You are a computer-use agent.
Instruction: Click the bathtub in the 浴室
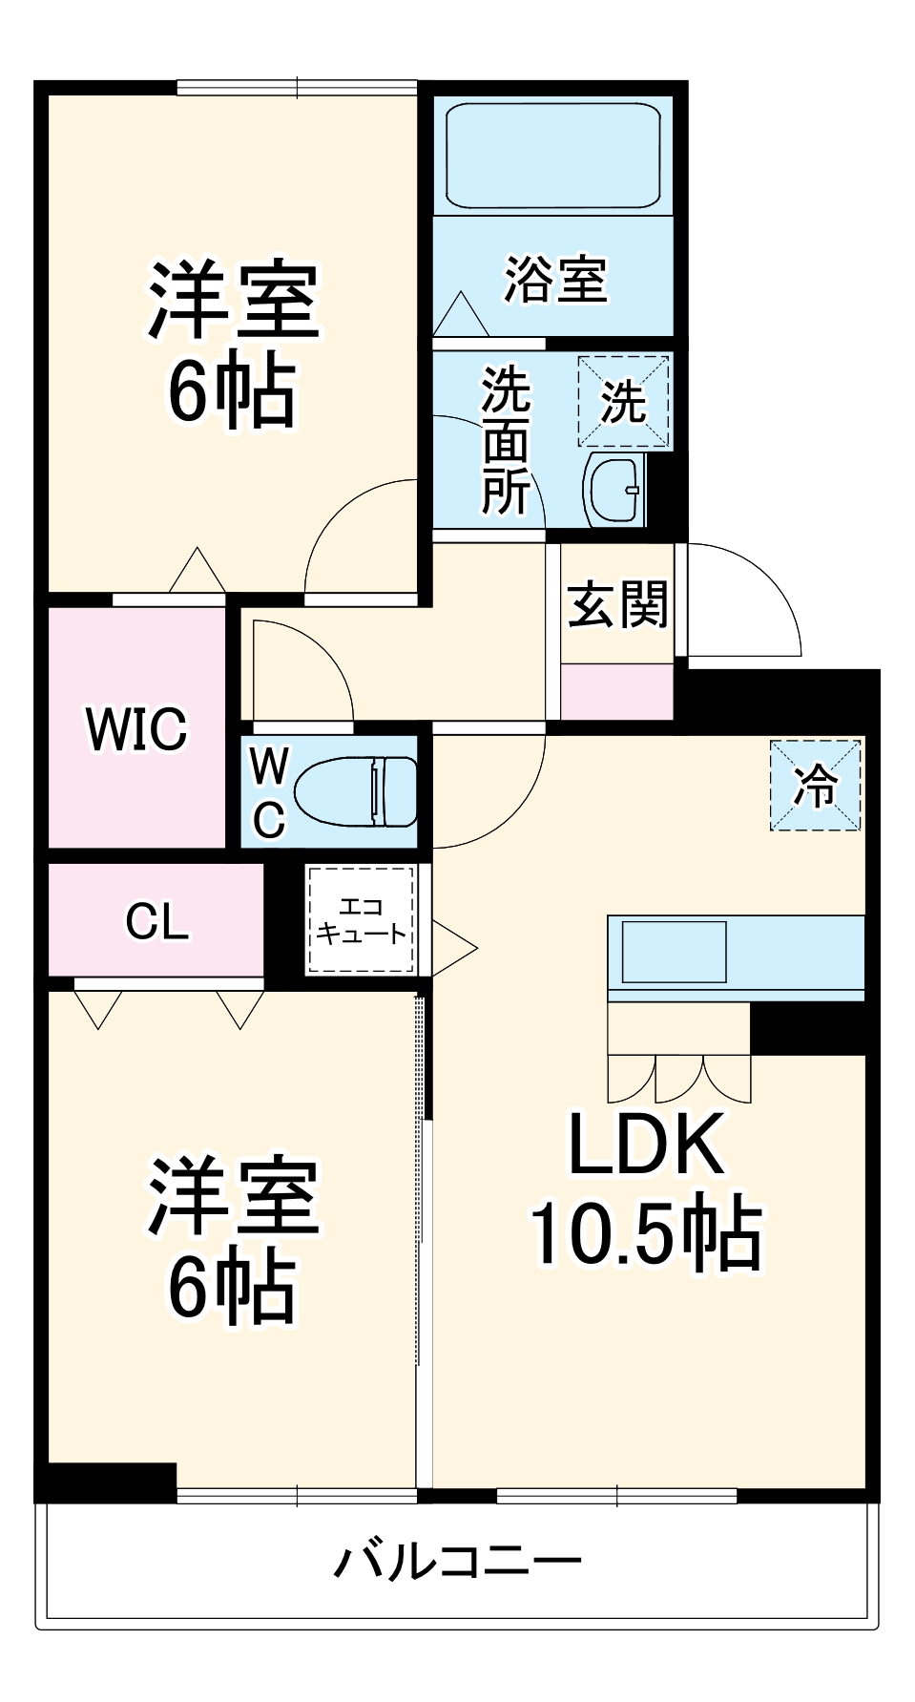pos(553,156)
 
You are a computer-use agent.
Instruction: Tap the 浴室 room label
pos(555,280)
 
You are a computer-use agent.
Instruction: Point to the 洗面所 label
pos(506,440)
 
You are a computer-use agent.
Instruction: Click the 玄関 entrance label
pos(617,604)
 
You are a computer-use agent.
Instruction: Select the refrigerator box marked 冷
pos(816,786)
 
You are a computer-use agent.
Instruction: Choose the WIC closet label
pos(136,728)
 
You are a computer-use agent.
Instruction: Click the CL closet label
pos(156,921)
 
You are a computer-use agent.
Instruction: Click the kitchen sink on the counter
pos(674,951)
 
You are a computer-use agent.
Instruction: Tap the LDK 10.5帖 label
pos(647,1188)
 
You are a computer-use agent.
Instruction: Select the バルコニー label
pos(457,1561)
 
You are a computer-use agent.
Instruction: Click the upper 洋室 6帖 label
pos(231,344)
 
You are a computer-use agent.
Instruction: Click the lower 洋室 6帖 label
pos(231,1239)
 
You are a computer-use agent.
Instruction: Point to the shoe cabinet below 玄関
pos(616,692)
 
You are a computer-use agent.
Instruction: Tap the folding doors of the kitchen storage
pos(679,1079)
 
